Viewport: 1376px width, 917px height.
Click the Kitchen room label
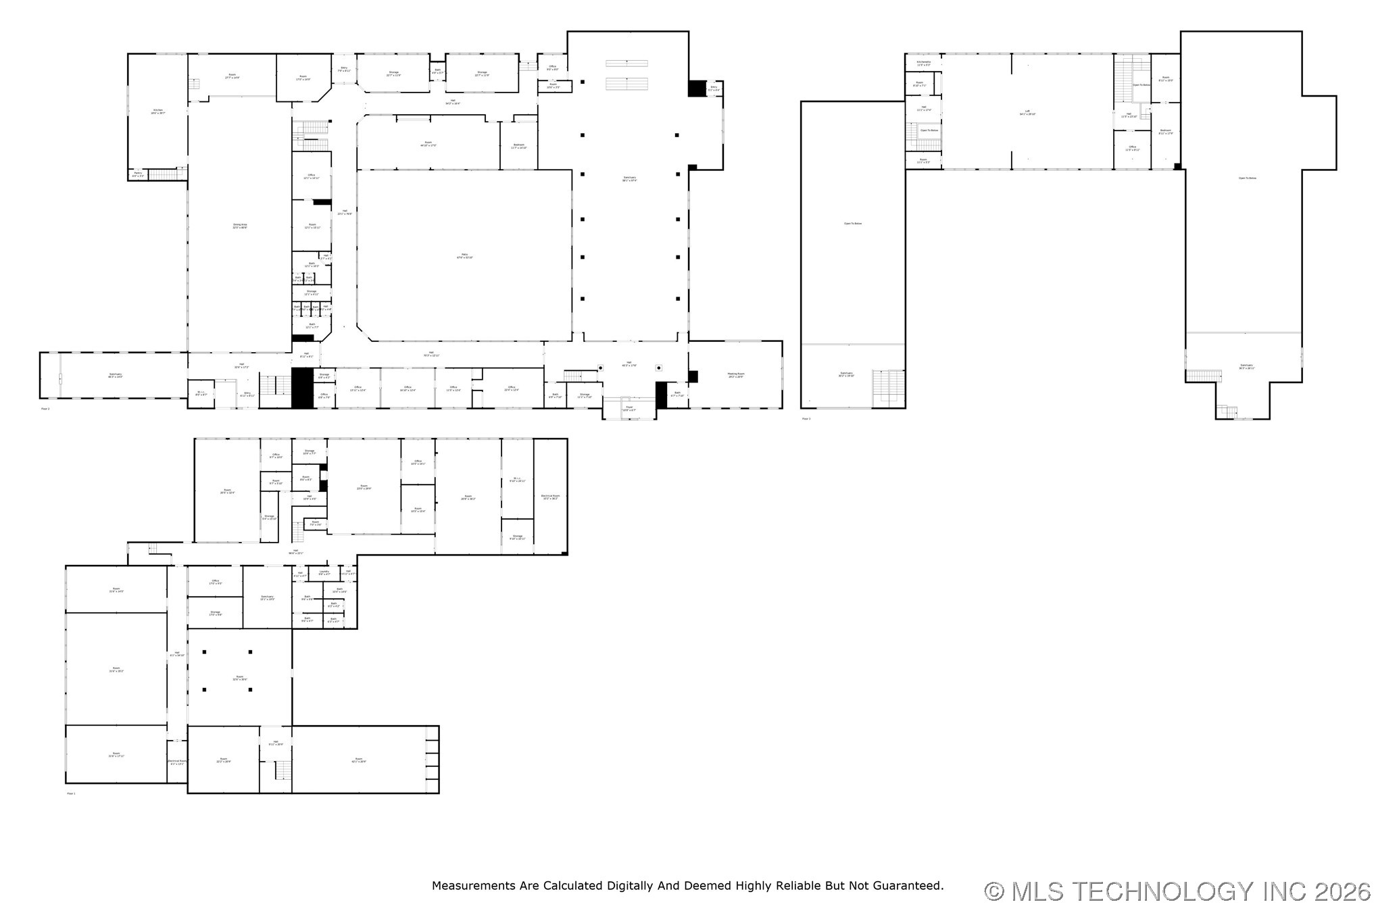point(157,111)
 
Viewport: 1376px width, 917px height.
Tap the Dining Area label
point(240,226)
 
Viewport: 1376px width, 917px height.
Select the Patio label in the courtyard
point(464,255)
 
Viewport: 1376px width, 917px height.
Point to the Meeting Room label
point(735,375)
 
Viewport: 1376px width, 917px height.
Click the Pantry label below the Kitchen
point(138,174)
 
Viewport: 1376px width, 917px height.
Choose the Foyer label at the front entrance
point(629,408)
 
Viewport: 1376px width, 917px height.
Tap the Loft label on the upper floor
point(1027,112)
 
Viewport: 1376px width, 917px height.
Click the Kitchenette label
point(923,63)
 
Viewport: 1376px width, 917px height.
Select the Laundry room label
point(324,572)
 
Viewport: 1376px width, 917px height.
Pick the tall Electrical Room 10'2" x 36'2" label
point(550,497)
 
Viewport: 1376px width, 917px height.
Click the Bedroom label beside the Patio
point(518,145)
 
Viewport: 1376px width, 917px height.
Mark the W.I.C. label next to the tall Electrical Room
point(517,479)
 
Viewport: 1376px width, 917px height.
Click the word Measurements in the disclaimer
point(472,885)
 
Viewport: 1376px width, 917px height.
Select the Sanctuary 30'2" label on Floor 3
point(846,374)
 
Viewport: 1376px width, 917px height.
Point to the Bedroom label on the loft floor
point(1165,131)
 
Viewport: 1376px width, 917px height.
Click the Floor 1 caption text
point(71,793)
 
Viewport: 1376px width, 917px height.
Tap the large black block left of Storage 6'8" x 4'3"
point(302,388)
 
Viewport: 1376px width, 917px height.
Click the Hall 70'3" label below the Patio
point(431,353)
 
